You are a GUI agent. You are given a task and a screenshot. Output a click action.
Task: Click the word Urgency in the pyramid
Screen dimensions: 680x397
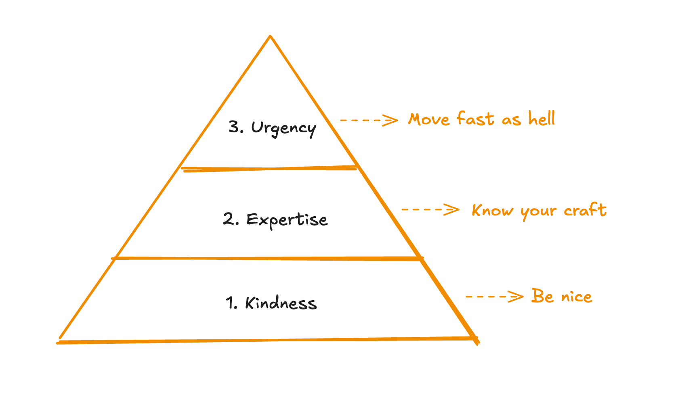click(x=283, y=128)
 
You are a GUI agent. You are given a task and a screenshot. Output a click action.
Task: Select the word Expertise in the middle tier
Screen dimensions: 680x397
click(x=287, y=220)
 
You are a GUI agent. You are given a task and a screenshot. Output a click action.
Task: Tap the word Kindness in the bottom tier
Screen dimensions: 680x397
click(x=281, y=303)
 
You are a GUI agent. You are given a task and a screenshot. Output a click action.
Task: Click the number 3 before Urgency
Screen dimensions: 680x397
click(x=235, y=127)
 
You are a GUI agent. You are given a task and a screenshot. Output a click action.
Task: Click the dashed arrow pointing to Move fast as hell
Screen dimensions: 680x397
click(x=369, y=120)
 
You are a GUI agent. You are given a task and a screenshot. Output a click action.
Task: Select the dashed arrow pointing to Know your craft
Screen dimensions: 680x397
click(x=430, y=209)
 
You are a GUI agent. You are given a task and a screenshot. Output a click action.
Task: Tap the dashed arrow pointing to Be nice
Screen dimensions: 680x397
click(x=494, y=297)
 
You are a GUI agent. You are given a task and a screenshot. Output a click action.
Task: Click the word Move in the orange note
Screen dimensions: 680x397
click(x=428, y=119)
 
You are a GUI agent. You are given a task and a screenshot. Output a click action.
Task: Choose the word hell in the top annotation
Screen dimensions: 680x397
click(x=542, y=119)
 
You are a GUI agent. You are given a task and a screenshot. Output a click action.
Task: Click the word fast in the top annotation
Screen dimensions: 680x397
click(x=475, y=119)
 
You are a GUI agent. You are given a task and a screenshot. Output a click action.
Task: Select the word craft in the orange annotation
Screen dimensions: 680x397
click(x=585, y=210)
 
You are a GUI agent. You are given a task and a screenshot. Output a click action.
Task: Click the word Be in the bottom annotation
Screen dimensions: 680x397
click(x=542, y=296)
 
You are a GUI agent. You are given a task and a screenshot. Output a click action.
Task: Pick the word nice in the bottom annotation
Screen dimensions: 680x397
click(x=577, y=297)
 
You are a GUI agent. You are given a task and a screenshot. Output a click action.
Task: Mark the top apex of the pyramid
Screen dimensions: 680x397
click(x=270, y=36)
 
